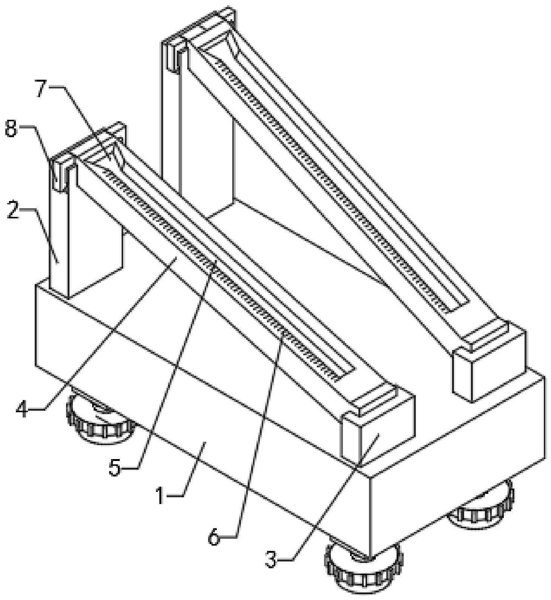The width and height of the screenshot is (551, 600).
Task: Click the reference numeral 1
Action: (x=160, y=495)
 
